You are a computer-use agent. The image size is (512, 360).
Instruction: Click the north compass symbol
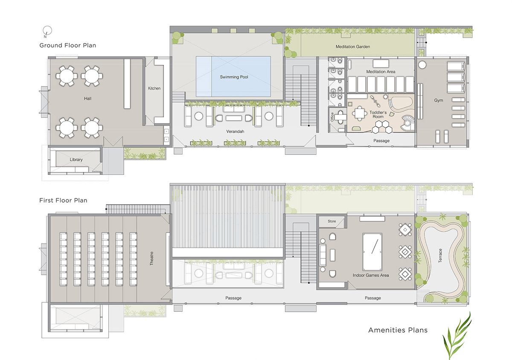pyautogui.click(x=47, y=31)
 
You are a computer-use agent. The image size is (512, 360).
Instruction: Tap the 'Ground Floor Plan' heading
pyautogui.click(x=68, y=45)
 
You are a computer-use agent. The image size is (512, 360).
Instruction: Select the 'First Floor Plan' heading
pyautogui.click(x=63, y=200)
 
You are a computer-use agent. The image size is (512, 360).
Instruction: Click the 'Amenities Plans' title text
pyautogui.click(x=398, y=330)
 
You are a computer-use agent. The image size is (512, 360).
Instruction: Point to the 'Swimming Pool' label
pyautogui.click(x=234, y=77)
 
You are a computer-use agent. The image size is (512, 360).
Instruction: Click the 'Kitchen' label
pyautogui.click(x=154, y=88)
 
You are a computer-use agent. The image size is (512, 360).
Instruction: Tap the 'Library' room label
pyautogui.click(x=76, y=160)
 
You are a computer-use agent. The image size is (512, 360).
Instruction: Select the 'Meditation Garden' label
pyautogui.click(x=353, y=46)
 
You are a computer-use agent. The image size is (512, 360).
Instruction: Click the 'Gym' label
pyautogui.click(x=439, y=100)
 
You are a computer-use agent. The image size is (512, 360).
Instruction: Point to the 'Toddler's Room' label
pyautogui.click(x=378, y=114)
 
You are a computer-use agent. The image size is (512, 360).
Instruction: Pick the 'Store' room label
pyautogui.click(x=332, y=221)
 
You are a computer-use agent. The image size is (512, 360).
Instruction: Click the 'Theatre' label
pyautogui.click(x=151, y=258)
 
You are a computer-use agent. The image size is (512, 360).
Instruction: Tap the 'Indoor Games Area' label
pyautogui.click(x=370, y=275)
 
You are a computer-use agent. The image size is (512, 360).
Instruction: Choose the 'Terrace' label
pyautogui.click(x=440, y=255)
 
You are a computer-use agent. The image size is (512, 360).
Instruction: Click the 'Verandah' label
pyautogui.click(x=235, y=131)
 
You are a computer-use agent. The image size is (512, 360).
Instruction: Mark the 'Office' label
pyautogui.click(x=332, y=117)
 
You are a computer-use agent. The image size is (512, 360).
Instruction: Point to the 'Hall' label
pyautogui.click(x=87, y=99)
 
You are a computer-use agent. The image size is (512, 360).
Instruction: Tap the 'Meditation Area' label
pyautogui.click(x=381, y=72)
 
